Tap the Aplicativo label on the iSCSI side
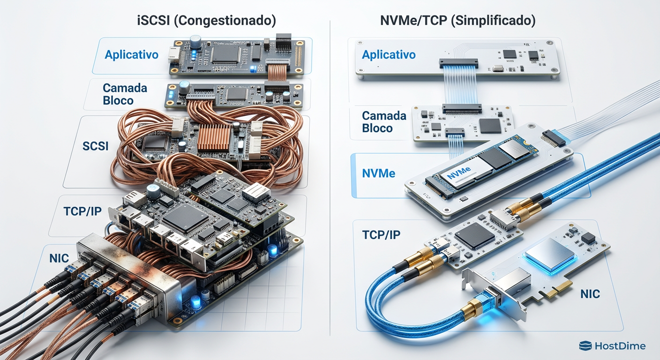132,54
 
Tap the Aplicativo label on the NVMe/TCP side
389,55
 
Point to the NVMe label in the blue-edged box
379,173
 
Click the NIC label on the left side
59,258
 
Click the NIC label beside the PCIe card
590,294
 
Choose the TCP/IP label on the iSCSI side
82,211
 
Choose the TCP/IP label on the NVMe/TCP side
381,235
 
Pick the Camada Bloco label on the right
383,121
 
